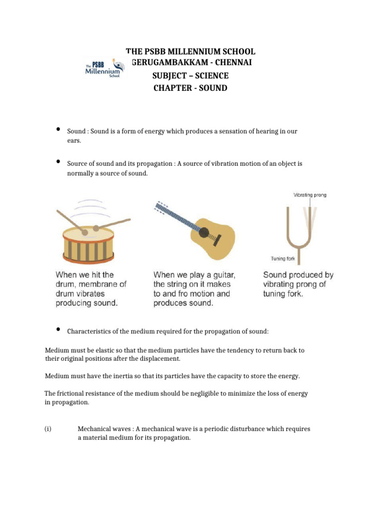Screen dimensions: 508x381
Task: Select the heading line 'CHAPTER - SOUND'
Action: click(x=190, y=88)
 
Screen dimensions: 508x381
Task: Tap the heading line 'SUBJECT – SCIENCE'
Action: click(x=190, y=76)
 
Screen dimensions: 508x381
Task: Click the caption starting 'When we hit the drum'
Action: click(x=91, y=289)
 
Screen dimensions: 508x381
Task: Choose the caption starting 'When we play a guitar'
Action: click(x=194, y=289)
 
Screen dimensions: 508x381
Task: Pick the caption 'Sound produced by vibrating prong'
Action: click(x=298, y=284)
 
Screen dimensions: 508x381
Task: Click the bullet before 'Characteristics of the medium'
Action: click(x=58, y=329)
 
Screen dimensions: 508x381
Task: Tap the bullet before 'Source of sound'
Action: click(x=58, y=162)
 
